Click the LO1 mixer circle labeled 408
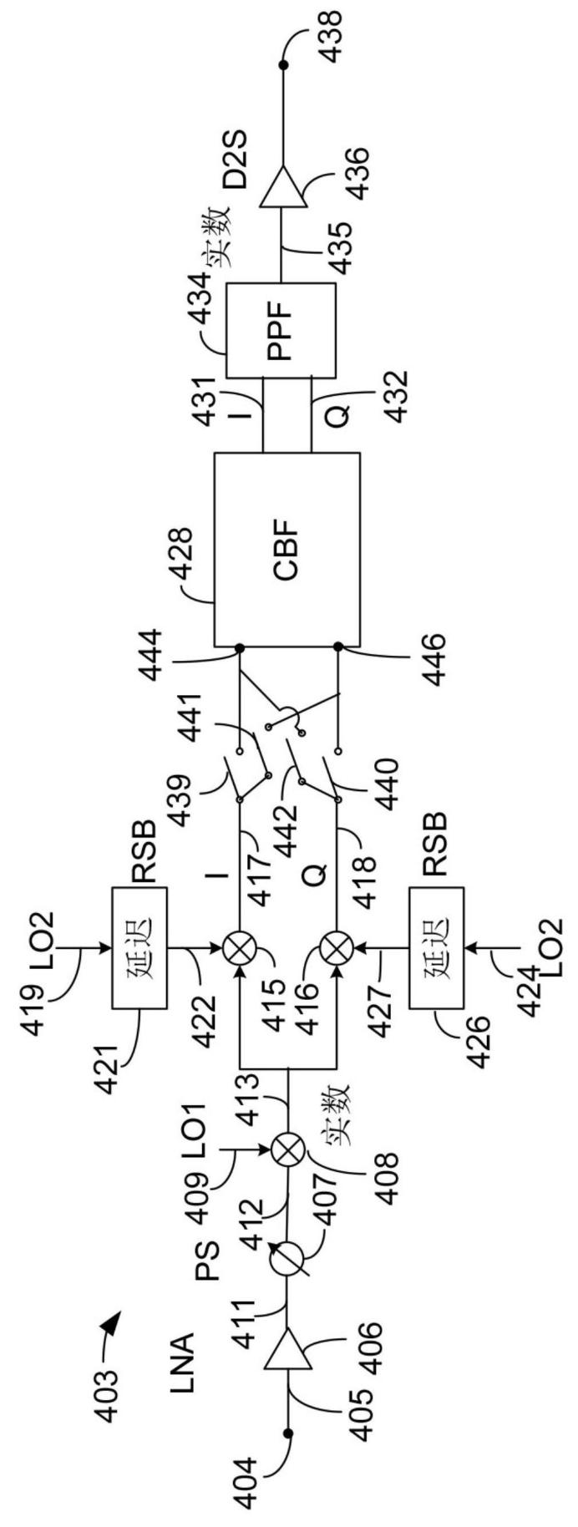pyautogui.click(x=287, y=1149)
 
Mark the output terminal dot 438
pyautogui.click(x=281, y=64)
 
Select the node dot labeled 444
pyautogui.click(x=239, y=648)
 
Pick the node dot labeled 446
pyautogui.click(x=337, y=648)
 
